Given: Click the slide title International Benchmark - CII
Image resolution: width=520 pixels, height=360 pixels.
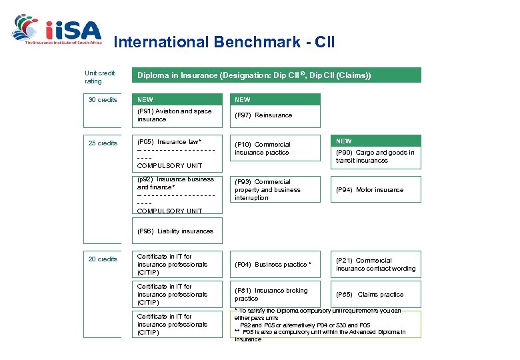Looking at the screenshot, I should (224, 43).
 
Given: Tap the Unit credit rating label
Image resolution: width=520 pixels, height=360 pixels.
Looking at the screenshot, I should (100, 77).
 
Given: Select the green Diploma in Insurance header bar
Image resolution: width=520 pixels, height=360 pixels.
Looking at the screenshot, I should (277, 75).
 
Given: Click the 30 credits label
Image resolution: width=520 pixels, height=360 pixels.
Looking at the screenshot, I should (103, 100).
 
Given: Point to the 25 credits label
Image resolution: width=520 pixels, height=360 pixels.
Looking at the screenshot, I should (103, 143).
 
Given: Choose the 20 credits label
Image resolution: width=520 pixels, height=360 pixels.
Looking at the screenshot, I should (103, 259).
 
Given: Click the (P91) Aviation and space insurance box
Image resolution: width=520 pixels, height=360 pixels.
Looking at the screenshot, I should (175, 115).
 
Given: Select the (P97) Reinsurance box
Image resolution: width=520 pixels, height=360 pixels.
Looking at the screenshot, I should (273, 115).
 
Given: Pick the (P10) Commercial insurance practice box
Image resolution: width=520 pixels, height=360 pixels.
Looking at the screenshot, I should (273, 149).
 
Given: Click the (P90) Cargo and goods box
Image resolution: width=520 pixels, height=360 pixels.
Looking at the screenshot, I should (376, 157).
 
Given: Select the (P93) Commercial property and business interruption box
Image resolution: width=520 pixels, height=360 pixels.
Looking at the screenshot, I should (273, 189).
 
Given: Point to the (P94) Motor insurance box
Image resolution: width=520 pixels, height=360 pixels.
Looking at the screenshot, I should (376, 189).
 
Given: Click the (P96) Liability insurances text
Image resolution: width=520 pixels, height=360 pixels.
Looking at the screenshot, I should (175, 231).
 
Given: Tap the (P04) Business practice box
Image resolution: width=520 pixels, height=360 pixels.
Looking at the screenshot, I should (273, 265).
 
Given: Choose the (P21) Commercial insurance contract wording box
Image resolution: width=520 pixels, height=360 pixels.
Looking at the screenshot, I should (376, 265).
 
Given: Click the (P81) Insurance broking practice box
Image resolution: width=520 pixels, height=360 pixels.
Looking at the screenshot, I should (273, 294).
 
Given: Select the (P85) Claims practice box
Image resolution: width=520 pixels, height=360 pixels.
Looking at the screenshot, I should (376, 294).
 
